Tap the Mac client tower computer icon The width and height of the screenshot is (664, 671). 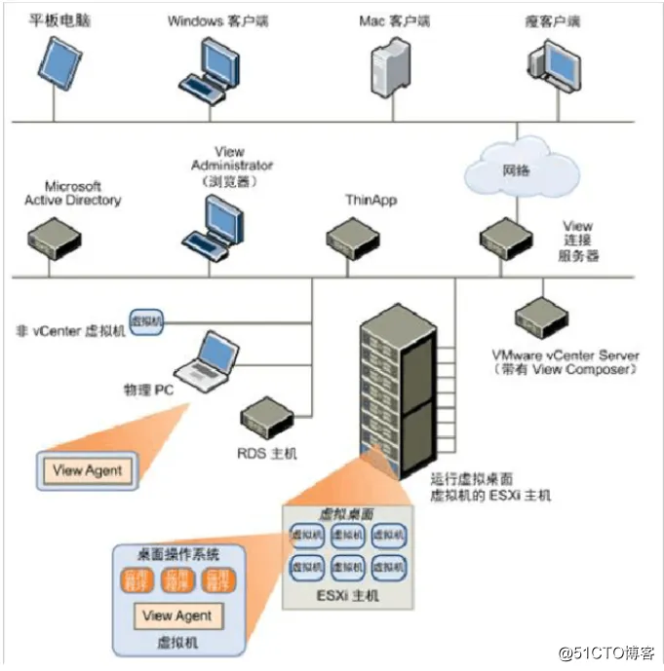click(389, 70)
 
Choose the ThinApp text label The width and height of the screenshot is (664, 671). click(371, 200)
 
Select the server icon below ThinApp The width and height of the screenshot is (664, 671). click(352, 237)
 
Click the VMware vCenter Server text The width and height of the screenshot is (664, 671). click(566, 355)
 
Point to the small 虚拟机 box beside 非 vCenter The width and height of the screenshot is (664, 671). click(147, 320)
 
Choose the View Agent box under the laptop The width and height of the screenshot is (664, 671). click(88, 471)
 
